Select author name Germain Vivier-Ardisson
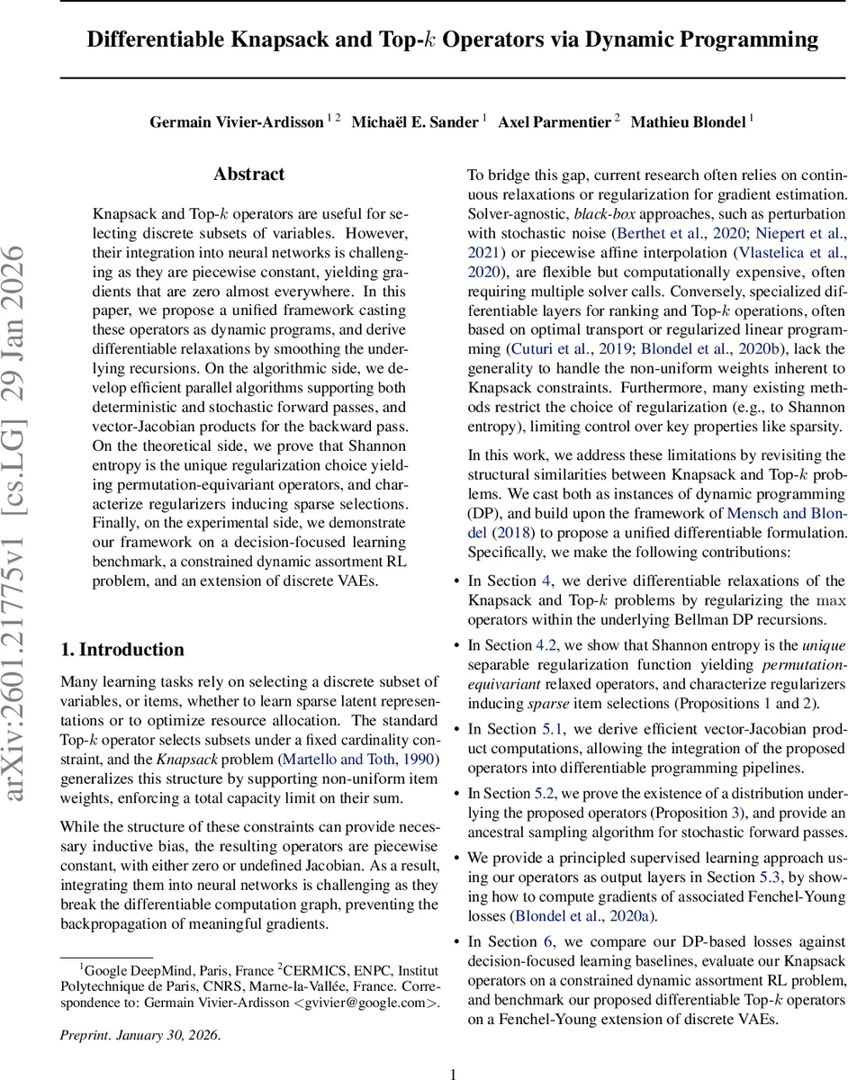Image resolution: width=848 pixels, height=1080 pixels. point(236,121)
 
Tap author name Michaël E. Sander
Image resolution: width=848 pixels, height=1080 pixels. point(414,121)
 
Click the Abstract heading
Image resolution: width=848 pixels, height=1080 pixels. point(248,175)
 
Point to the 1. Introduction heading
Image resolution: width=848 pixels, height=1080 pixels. point(122,650)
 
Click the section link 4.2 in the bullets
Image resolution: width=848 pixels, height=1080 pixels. point(548,645)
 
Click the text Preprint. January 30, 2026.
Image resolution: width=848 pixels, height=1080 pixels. point(140,1034)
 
